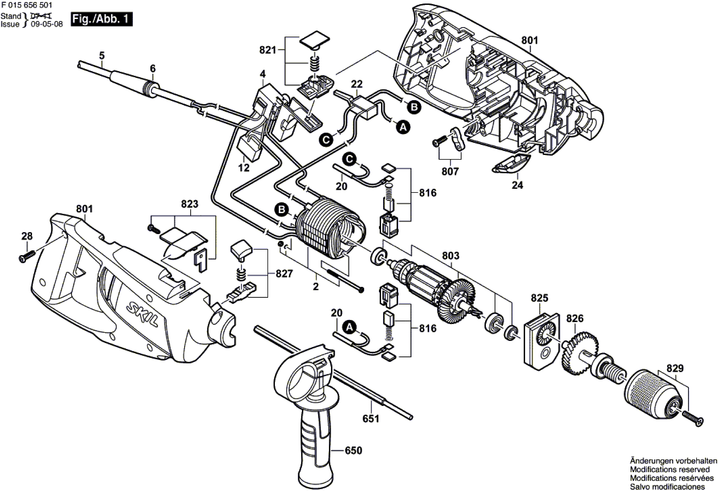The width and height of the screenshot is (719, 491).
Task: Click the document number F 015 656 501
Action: pyautogui.click(x=27, y=5)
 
